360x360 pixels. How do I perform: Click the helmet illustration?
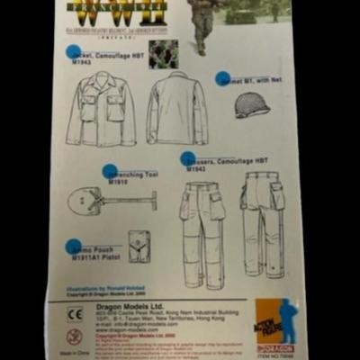click(x=251, y=106)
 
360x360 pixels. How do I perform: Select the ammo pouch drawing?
click(x=139, y=246)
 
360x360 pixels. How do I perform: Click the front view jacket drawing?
click(x=100, y=111)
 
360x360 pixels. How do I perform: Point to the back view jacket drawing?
click(x=176, y=109)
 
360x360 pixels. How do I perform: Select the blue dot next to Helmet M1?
click(x=222, y=78)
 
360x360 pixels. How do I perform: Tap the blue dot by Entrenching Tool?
click(x=110, y=171)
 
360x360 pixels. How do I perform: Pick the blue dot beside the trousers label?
click(x=187, y=159)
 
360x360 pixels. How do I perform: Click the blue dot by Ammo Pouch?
click(x=74, y=246)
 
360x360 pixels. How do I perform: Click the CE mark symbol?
click(x=75, y=314)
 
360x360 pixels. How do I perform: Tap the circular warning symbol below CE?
click(x=75, y=337)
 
